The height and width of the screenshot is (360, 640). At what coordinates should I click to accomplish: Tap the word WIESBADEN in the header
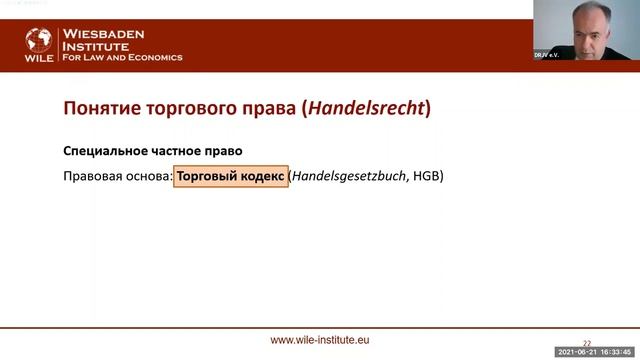[x=104, y=33]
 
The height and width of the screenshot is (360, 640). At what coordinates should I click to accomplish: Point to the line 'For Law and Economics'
[x=123, y=58]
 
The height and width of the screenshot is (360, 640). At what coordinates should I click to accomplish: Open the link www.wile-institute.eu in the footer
[x=320, y=340]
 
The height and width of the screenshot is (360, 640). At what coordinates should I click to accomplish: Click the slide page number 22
[x=587, y=341]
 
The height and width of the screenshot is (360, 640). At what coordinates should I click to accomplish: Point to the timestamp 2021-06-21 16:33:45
[x=598, y=353]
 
